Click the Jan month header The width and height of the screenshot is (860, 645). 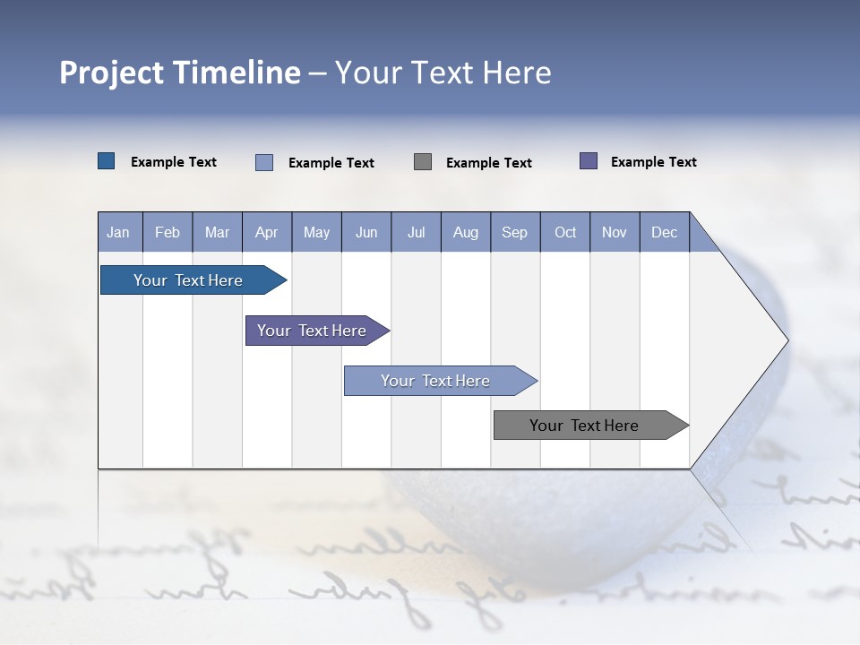(119, 232)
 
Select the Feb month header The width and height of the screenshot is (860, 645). (168, 232)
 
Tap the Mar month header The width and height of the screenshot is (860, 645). (217, 232)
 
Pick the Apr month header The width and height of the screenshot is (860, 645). (266, 232)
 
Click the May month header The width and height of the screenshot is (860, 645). (316, 232)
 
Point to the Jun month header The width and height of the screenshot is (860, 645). (366, 232)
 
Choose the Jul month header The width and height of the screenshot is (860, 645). (416, 232)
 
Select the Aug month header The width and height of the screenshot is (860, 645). (465, 232)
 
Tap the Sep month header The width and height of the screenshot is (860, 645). (514, 232)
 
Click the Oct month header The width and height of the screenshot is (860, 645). (565, 232)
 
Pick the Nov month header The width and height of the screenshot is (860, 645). (615, 232)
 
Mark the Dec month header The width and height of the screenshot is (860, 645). (664, 232)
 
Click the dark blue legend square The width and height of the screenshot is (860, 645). (107, 161)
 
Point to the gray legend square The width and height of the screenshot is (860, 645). (423, 161)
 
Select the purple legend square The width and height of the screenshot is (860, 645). (589, 161)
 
